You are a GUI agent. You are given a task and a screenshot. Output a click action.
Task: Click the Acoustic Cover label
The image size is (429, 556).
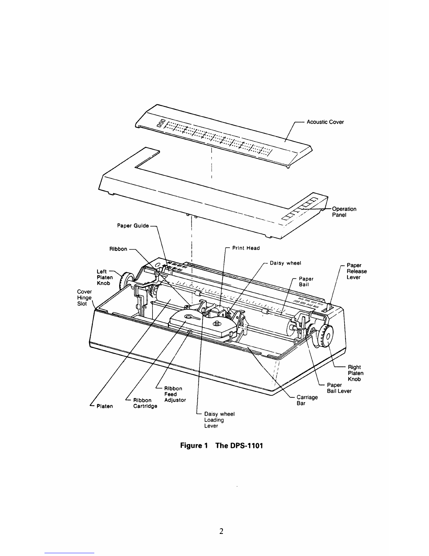pyautogui.click(x=325, y=122)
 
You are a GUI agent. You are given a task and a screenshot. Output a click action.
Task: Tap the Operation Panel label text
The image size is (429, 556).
pyautogui.click(x=344, y=212)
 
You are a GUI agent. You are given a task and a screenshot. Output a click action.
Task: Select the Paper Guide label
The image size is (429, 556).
pyautogui.click(x=133, y=226)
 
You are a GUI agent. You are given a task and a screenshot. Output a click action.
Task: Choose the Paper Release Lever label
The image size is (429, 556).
pyautogui.click(x=356, y=271)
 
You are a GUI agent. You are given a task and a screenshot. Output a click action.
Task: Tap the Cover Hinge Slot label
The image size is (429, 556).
pyautogui.click(x=84, y=298)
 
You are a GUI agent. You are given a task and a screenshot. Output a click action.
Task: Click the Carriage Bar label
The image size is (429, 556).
pyautogui.click(x=307, y=400)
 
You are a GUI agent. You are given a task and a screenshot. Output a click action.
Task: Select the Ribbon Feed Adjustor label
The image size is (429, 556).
pyautogui.click(x=175, y=394)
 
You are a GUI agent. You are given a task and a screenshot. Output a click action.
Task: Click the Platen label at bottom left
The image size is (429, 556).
pyautogui.click(x=104, y=406)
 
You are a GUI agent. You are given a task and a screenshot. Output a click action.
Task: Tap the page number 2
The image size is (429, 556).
pyautogui.click(x=221, y=531)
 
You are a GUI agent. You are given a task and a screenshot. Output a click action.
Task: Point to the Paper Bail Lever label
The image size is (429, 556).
pyautogui.click(x=339, y=388)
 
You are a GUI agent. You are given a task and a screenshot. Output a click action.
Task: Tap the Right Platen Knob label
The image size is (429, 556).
pyautogui.click(x=355, y=373)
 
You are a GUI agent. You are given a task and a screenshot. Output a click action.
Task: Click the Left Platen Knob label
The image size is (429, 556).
pyautogui.click(x=104, y=277)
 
